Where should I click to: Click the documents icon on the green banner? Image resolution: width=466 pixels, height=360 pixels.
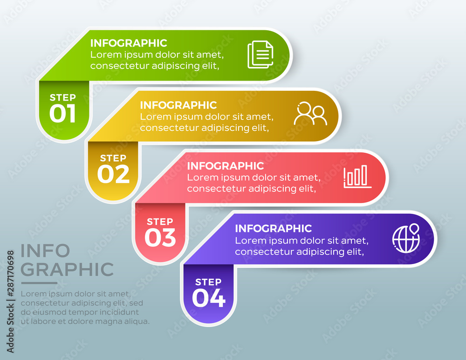[260, 54]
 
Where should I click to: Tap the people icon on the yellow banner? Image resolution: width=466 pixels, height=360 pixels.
[310, 114]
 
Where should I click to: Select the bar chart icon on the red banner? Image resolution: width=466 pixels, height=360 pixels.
[357, 177]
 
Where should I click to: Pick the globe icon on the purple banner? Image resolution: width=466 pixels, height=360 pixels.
[406, 238]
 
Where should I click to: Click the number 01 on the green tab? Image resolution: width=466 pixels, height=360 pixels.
[62, 114]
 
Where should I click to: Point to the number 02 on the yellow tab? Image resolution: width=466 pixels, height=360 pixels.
[113, 174]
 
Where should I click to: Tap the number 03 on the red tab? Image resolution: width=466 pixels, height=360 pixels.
[160, 238]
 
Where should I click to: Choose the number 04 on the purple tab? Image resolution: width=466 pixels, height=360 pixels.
[209, 298]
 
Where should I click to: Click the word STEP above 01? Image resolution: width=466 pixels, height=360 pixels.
[63, 97]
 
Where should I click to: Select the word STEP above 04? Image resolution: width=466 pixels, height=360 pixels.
[208, 282]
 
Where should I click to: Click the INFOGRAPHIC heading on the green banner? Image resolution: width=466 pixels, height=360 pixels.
[129, 43]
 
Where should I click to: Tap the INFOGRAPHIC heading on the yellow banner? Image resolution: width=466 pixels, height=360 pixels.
[178, 105]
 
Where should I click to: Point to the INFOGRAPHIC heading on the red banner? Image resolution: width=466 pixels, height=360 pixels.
[225, 166]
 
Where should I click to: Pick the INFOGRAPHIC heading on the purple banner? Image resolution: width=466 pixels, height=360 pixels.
[274, 228]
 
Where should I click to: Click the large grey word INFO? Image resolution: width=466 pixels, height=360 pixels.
[45, 251]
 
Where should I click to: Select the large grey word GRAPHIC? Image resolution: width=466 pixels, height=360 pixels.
[67, 269]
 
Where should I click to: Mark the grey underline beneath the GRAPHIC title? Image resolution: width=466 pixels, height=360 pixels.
[39, 283]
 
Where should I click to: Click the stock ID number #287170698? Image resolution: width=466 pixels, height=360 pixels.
[10, 273]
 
